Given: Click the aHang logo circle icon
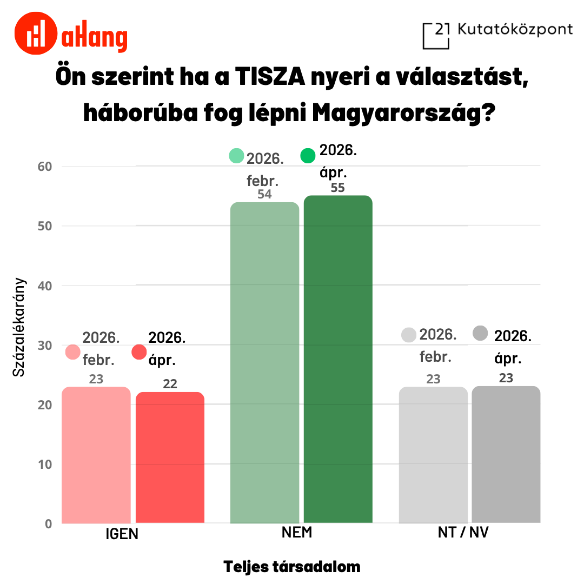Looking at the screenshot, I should (36, 33).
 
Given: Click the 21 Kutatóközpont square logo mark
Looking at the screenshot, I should (436, 36).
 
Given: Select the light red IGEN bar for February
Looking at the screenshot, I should (96, 455).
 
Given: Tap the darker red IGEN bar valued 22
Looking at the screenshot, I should (170, 457).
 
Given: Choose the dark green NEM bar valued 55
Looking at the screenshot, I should (338, 359).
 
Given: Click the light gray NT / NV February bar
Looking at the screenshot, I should (433, 455).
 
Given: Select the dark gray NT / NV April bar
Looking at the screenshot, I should (506, 455).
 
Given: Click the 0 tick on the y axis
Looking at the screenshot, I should (48, 523).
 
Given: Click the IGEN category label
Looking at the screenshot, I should (122, 534).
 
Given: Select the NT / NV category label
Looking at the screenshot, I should (463, 533).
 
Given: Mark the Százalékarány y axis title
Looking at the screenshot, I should (19, 327).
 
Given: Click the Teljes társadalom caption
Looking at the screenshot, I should (292, 567).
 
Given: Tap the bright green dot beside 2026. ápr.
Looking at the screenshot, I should (308, 156).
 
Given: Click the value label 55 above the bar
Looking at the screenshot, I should (338, 188).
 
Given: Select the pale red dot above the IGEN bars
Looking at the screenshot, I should (73, 352).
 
